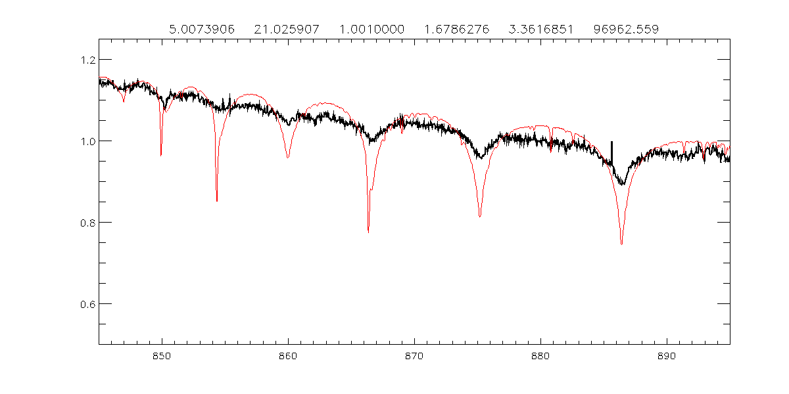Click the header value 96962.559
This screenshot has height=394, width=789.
[626, 29]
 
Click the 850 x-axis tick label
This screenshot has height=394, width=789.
[162, 355]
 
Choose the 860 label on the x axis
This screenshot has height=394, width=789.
[288, 355]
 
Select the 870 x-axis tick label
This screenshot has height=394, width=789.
[414, 355]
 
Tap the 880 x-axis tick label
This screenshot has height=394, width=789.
[540, 355]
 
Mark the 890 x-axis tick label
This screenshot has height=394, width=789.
[667, 355]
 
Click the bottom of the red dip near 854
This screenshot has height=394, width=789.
[217, 201]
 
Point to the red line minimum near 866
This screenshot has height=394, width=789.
[368, 232]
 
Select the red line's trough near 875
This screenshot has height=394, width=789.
[480, 216]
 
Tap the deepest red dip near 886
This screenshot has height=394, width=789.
[621, 244]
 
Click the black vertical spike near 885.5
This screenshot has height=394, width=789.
[611, 151]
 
